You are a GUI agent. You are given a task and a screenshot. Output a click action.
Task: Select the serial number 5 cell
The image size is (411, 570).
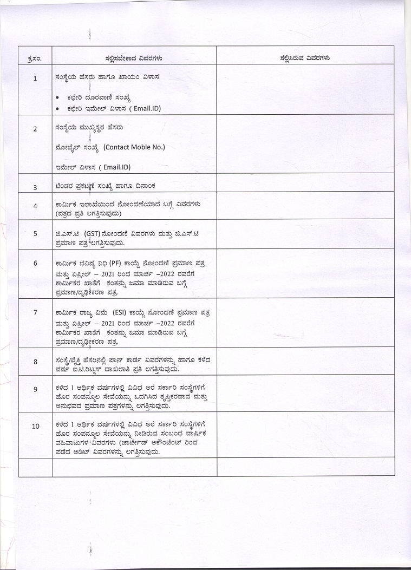[35, 234]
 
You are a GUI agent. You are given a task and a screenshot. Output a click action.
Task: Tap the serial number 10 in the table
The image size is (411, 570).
[35, 426]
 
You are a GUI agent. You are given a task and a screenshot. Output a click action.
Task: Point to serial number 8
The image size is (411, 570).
[35, 361]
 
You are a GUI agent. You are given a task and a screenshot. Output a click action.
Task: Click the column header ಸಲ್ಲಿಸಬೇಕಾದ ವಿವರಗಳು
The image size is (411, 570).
[134, 57]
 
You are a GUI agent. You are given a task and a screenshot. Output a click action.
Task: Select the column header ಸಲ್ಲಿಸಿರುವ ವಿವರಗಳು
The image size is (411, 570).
[305, 57]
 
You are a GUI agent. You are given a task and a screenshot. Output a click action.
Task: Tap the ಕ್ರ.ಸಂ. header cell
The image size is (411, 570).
[35, 57]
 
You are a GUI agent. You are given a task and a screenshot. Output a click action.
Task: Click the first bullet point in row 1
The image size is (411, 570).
[58, 98]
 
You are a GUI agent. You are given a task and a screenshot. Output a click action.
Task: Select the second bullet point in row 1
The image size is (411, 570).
[58, 108]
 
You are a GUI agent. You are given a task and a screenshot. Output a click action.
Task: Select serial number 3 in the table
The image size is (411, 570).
[35, 187]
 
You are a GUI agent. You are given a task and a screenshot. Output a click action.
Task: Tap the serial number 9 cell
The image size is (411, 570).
[35, 389]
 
